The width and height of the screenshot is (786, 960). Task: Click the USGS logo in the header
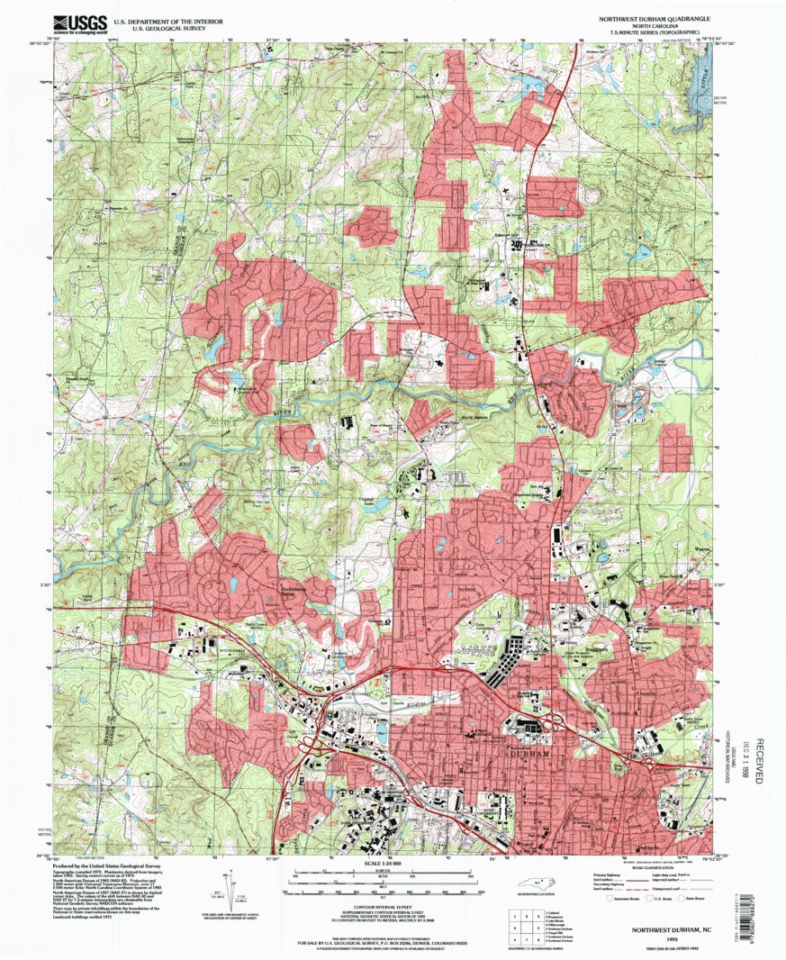[x=76, y=23]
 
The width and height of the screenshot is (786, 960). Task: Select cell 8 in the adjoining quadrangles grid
[x=523, y=935]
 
